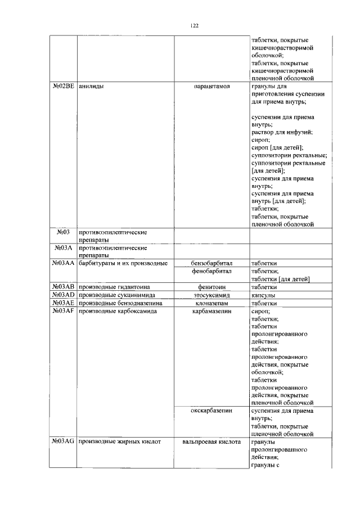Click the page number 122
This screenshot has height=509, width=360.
[x=195, y=25]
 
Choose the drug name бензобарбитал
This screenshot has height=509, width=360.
[x=211, y=263]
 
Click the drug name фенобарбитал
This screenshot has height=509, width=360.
[x=211, y=271]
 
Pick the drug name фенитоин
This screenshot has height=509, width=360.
[x=211, y=287]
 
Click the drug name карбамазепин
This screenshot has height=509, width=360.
[x=211, y=310]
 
